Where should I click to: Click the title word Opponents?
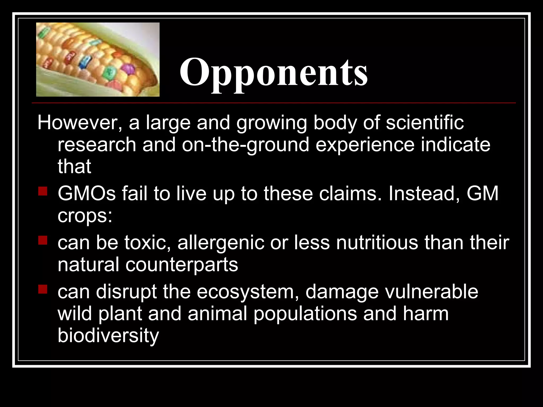273,72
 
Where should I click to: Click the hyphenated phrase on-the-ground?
246,145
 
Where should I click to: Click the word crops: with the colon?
85,216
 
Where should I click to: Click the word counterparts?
182,265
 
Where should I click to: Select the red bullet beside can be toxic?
43,240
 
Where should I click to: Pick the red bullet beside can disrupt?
43,289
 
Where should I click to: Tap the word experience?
365,145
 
